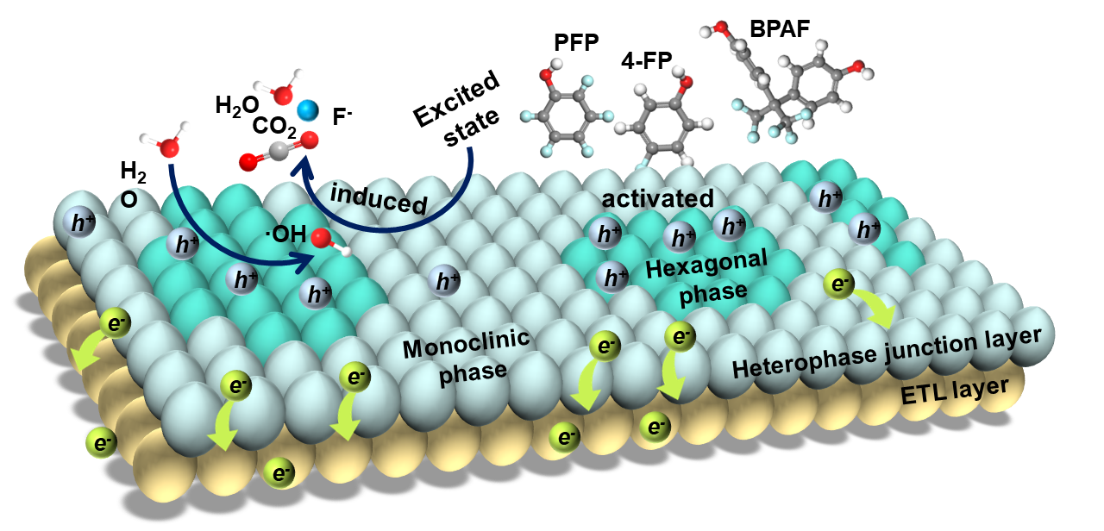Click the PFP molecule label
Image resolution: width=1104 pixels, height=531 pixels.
coord(576,43)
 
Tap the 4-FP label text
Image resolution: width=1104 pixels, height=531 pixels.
coord(646,61)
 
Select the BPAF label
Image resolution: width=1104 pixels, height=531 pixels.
coord(780,29)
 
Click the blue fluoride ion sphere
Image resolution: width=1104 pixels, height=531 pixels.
coord(308,110)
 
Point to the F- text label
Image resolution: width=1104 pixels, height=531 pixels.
coord(342,116)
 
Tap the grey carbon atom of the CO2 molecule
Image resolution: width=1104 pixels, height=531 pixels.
coord(279,151)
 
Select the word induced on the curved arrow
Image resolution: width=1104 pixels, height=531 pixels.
coord(378,199)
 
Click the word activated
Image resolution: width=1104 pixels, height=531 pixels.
coord(657,198)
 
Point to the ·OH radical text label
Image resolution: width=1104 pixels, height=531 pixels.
coord(285,234)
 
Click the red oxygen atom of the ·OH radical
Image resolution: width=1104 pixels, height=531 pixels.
coord(322,239)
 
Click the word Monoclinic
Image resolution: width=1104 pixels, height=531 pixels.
coord(466,343)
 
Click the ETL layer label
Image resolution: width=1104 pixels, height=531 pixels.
coord(955,391)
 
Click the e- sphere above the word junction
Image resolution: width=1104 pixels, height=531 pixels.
coord(839,284)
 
